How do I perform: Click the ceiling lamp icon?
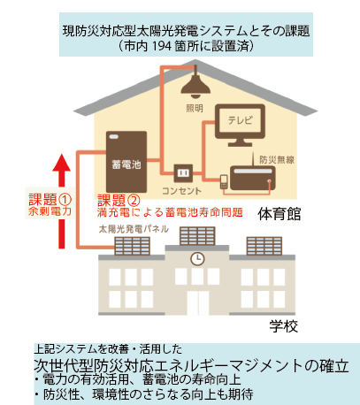(195, 85)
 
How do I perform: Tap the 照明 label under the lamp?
(195, 109)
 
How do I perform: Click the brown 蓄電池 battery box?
(126, 162)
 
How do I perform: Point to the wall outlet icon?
(183, 173)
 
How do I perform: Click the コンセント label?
(181, 191)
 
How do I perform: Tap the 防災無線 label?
(277, 159)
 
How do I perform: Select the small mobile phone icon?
(224, 181)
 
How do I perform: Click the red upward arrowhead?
(61, 163)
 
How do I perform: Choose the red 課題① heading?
(50, 200)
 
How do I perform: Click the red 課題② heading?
(119, 201)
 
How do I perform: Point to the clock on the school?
(197, 258)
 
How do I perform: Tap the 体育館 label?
(280, 214)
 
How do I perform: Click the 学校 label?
(284, 326)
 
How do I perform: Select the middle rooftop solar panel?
(197, 236)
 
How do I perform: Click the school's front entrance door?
(197, 302)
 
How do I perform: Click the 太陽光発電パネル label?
(134, 229)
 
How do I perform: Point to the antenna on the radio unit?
(253, 159)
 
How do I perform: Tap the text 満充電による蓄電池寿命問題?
(170, 212)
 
